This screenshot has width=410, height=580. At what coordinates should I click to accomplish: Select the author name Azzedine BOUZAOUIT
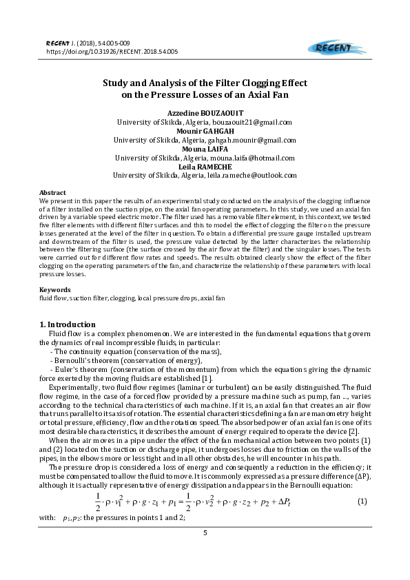click(205, 113)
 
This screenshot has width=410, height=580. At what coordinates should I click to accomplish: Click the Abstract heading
click(52, 193)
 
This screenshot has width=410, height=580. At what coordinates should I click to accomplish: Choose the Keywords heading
click(55, 289)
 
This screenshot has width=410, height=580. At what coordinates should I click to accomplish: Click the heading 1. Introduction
click(68, 324)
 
